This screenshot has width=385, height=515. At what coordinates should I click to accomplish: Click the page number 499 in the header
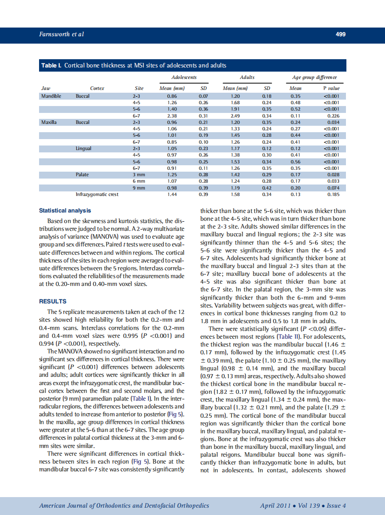(340, 34)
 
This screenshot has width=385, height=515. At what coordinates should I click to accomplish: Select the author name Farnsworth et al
(62, 34)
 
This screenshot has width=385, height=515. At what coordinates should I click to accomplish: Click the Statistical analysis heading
(65, 211)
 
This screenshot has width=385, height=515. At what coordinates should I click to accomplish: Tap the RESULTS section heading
(53, 302)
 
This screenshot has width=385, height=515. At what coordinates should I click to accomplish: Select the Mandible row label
(51, 96)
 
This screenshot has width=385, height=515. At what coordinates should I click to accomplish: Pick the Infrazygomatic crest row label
(97, 195)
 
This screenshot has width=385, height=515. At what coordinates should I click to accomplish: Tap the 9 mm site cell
(139, 188)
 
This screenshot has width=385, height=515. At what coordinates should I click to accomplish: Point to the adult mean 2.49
(235, 116)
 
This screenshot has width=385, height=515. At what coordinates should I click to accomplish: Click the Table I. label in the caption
(51, 66)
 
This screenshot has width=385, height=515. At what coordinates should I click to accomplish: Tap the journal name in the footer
(124, 506)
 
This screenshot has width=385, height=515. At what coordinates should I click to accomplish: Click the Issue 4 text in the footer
(336, 506)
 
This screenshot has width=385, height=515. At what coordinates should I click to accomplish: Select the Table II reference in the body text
(289, 336)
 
